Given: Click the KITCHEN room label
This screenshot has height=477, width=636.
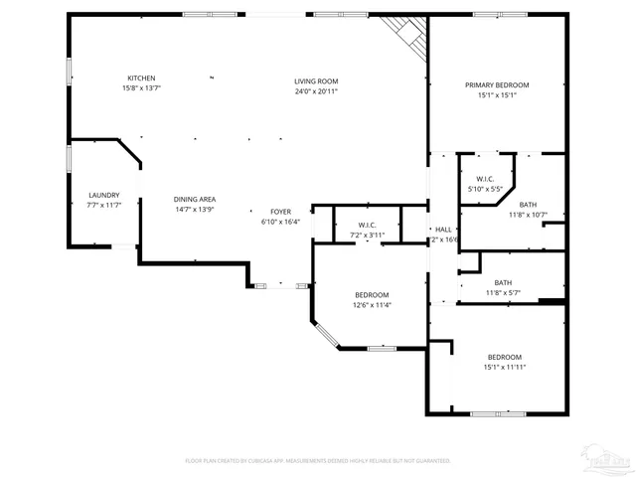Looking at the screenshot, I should tap(140, 79).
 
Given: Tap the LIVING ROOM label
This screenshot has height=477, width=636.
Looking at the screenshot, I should tap(316, 80).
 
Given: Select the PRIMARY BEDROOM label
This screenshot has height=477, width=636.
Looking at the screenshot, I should tap(497, 85).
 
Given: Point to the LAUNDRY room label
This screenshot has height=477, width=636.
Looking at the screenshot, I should tap(103, 195).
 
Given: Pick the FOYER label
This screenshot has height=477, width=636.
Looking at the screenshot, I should tap(281, 212).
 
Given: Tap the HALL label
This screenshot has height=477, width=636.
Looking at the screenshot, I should tap(443, 230).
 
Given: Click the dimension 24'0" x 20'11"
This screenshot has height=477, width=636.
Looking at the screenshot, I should tap(316, 91).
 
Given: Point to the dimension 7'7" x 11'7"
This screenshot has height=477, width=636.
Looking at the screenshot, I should tap(103, 205).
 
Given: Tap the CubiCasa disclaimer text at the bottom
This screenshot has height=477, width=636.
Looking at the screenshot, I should tap(318, 460).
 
